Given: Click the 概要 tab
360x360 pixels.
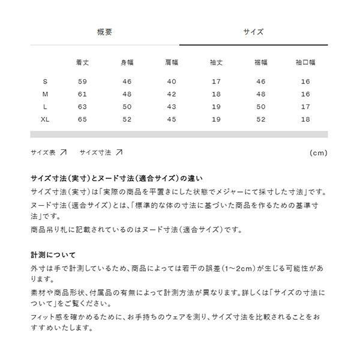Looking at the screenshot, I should point(104,32).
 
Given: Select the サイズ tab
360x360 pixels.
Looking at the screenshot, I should point(253,32).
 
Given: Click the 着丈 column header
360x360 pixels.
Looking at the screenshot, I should point(83,62).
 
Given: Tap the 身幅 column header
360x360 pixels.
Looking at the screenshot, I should point(127,62).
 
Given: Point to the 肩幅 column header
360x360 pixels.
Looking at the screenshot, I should point(172,62).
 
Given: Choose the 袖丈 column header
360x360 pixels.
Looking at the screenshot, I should point(216,62).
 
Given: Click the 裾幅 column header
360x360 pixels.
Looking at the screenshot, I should point(260,62).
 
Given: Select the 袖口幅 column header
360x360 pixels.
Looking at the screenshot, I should point(305,62).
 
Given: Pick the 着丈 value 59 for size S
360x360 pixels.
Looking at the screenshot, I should point(83,82).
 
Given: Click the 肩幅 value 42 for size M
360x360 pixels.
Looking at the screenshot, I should point(172,94).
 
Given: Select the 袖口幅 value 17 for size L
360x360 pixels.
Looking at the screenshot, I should point(305,107).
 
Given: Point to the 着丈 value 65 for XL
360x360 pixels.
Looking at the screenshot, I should point(83,119).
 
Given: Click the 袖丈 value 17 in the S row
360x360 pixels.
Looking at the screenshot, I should point(216,82).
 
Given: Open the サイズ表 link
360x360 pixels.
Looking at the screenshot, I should point(49,153).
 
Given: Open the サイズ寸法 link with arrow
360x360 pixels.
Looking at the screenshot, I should point(101,153).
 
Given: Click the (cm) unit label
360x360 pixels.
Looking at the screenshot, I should point(318,153).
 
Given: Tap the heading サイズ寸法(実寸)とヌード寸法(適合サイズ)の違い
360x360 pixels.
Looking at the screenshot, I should point(116,178).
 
